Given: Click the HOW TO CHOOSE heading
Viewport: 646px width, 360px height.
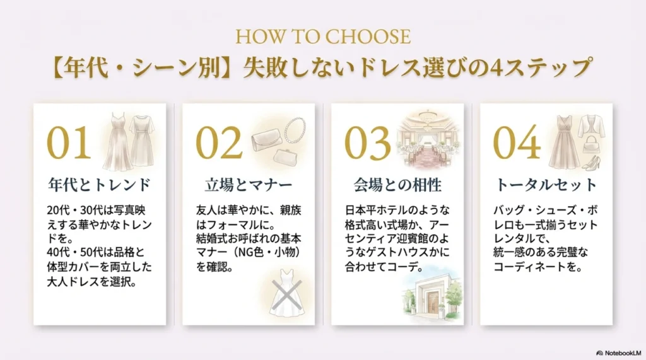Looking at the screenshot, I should [x=322, y=35].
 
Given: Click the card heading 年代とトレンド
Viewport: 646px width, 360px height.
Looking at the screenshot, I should [x=100, y=185].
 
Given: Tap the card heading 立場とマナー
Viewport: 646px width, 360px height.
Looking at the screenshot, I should [x=249, y=185].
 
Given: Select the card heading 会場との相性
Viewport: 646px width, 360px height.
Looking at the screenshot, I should [x=397, y=185].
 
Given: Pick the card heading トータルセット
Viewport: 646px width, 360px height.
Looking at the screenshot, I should [x=546, y=185].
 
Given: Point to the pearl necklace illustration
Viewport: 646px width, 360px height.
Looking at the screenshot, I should [x=295, y=131].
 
